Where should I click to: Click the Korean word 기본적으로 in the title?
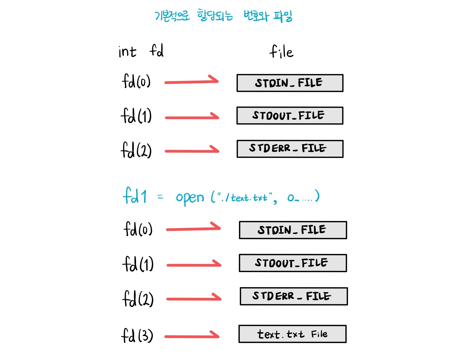point(172,16)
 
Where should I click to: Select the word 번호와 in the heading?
point(256,16)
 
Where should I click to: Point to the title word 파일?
point(283,16)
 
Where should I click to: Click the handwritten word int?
point(127,52)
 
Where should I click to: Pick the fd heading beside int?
point(157,51)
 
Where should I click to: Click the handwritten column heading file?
point(281,52)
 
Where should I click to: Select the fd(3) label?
point(137,336)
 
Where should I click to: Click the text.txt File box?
point(292,334)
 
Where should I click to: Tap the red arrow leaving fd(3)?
point(192,336)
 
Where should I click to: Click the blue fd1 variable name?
point(135,196)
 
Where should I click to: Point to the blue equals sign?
point(160,197)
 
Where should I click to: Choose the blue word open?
point(190,198)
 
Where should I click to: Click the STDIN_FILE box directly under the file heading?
point(290,83)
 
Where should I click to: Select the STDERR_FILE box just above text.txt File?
point(293,296)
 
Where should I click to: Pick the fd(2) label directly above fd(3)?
point(138,299)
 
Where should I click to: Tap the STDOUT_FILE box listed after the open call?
point(293,263)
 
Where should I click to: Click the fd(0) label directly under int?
point(136,82)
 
